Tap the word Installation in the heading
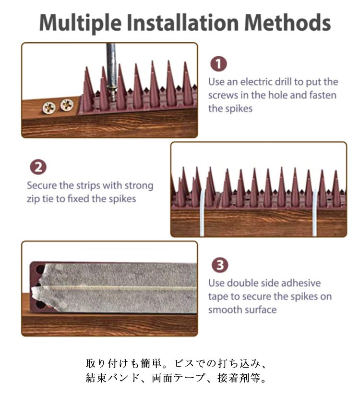click(x=183, y=23)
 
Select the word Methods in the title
click(x=288, y=23)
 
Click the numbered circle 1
click(x=218, y=64)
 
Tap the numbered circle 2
click(x=38, y=167)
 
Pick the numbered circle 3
click(x=220, y=265)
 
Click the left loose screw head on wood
click(x=49, y=108)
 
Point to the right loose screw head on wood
click(x=67, y=105)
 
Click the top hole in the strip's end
click(x=40, y=269)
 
